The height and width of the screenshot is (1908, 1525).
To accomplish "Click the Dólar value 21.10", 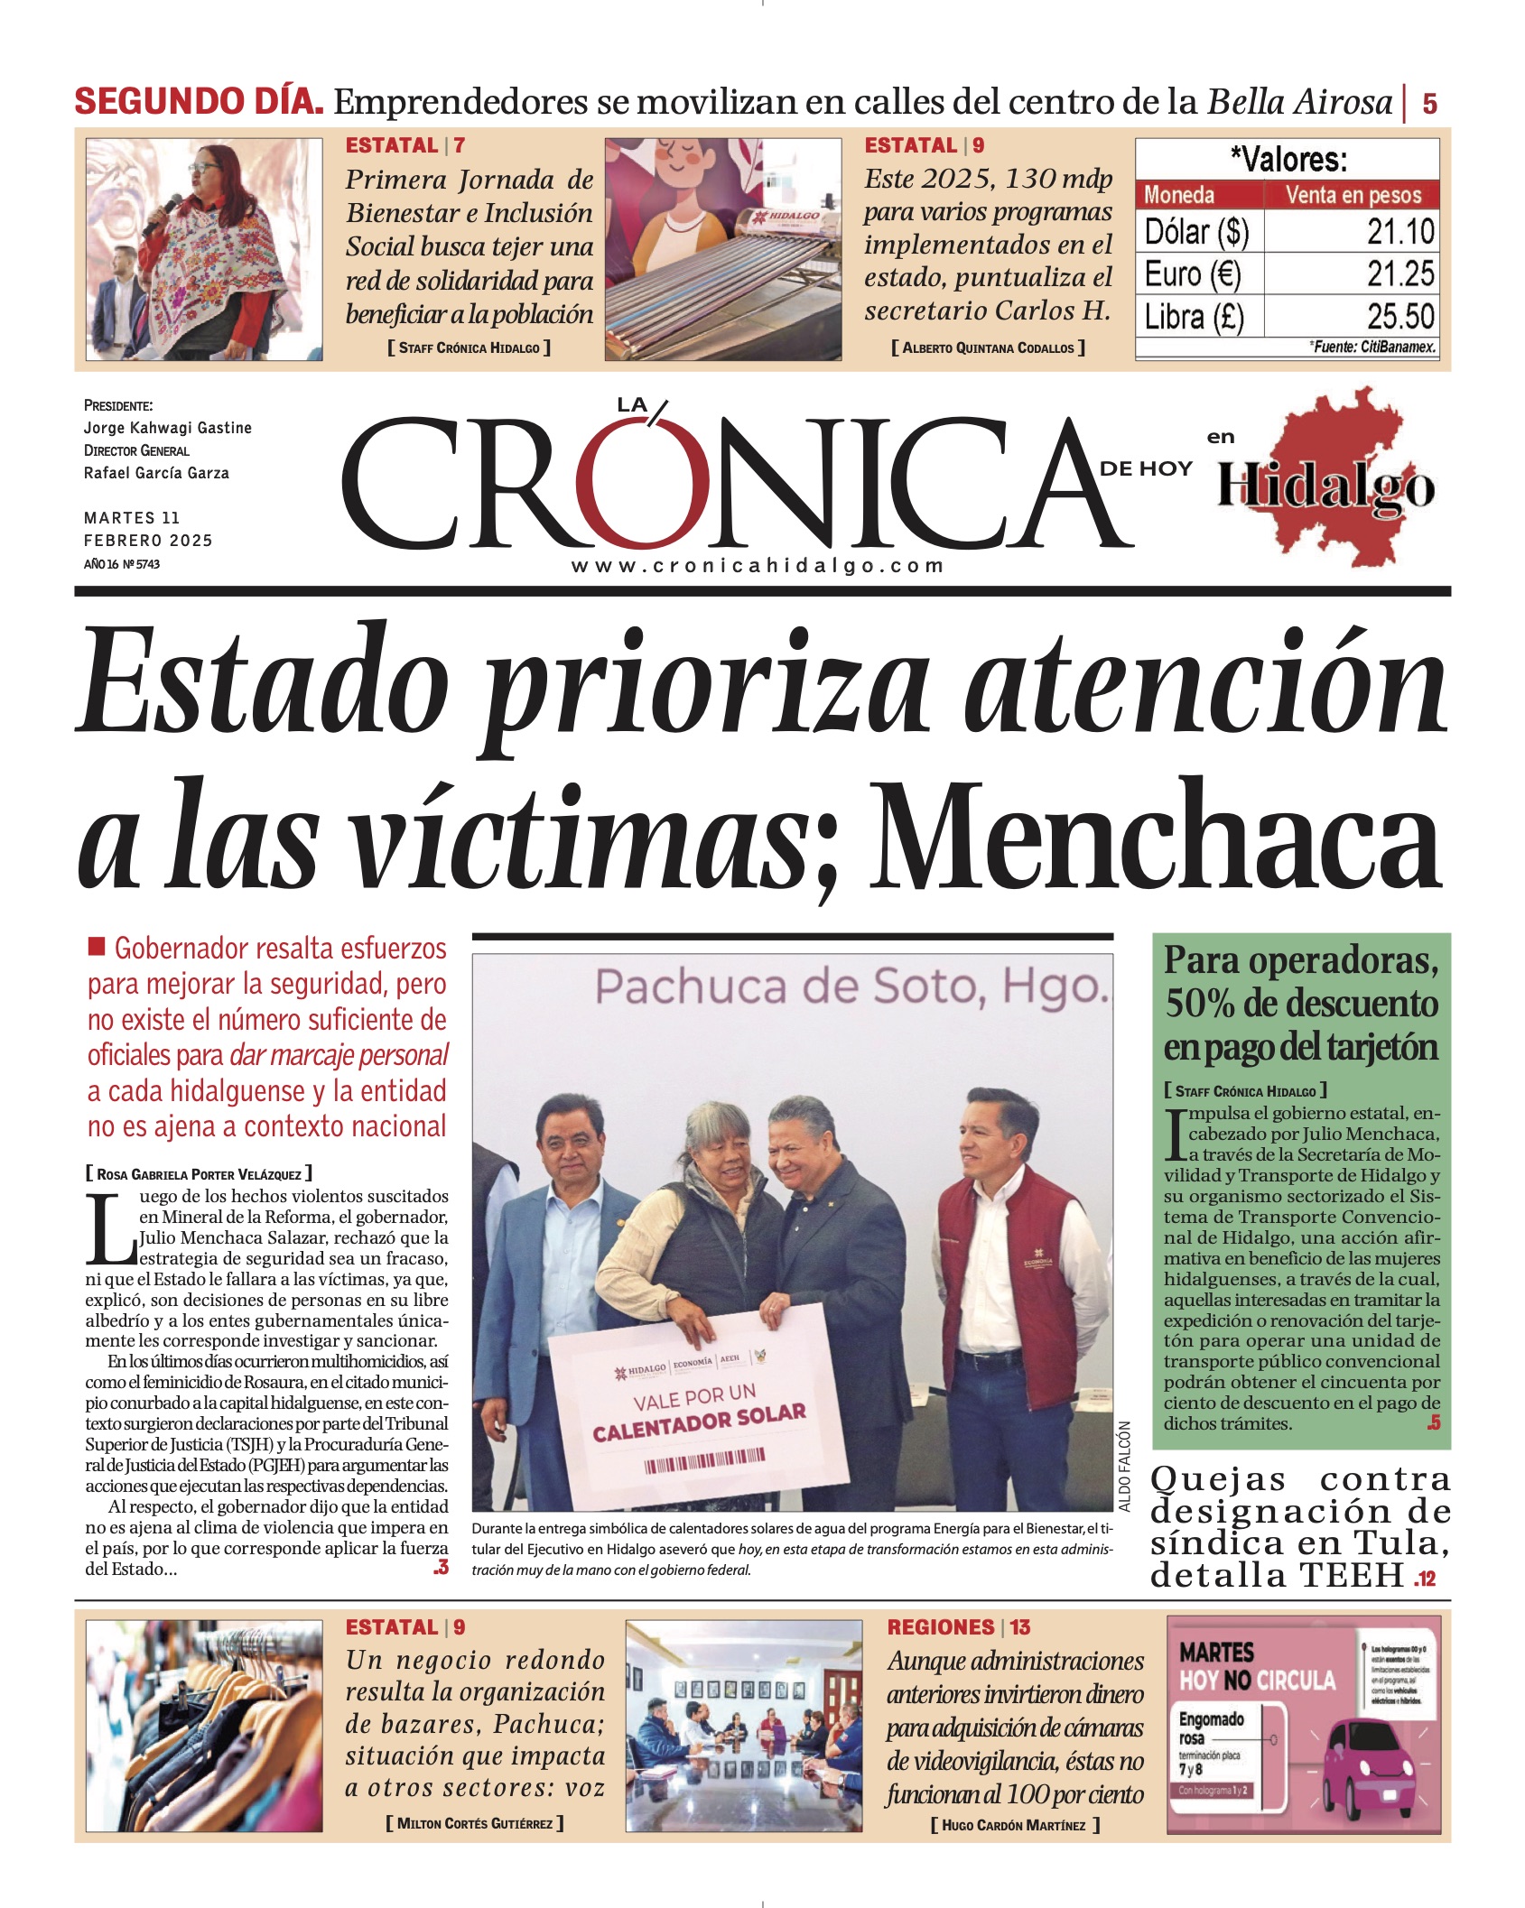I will (1399, 232).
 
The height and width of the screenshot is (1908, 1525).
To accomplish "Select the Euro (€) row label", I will (1193, 273).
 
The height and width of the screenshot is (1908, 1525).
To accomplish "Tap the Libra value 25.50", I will (1399, 317).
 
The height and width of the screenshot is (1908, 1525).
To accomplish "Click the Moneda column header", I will (1179, 195).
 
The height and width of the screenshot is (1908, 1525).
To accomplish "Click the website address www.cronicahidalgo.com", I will (758, 566).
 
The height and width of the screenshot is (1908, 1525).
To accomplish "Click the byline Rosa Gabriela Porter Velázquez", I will (199, 1174).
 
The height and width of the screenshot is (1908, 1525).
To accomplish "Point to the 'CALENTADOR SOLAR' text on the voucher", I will (699, 1423).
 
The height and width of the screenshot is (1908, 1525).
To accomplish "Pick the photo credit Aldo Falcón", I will (1124, 1467).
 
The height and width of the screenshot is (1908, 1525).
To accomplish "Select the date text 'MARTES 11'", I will (132, 518).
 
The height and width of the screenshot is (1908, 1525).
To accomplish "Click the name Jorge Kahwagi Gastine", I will (168, 428).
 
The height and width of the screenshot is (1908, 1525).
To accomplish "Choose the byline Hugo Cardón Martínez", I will (1014, 1825).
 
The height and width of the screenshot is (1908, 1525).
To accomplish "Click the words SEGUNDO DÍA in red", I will (199, 101).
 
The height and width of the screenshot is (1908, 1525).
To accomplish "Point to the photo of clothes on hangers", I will (204, 1724).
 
